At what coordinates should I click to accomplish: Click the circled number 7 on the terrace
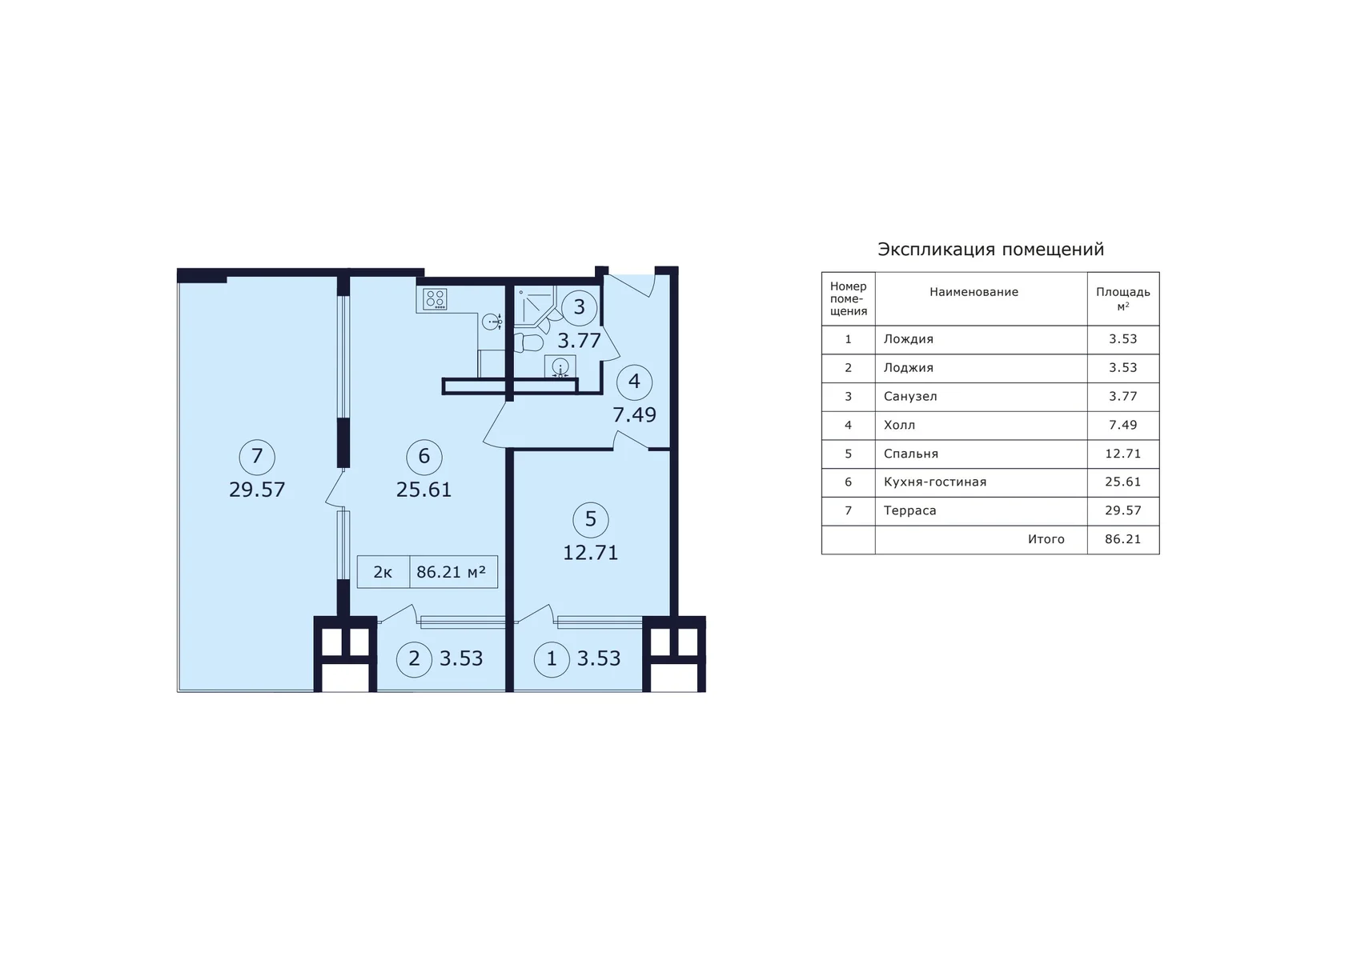point(257,457)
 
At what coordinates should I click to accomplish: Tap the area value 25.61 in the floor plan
point(424,490)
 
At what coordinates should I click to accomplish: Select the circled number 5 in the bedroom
point(591,519)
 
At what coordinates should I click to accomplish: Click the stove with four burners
point(435,298)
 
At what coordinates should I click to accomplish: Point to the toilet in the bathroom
point(529,342)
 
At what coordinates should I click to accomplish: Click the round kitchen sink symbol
point(492,322)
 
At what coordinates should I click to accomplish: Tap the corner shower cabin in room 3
point(534,306)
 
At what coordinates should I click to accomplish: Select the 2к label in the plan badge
point(383,572)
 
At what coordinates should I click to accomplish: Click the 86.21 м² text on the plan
point(452,571)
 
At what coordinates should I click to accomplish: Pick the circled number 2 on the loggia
point(415,659)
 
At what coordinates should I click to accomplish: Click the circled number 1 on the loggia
point(552,659)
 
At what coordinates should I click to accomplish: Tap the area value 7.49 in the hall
point(634,414)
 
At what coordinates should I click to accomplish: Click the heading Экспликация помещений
point(990,250)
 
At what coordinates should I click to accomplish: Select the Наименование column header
point(974,292)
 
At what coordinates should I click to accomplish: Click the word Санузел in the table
point(910,397)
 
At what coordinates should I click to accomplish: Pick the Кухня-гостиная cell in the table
point(935,482)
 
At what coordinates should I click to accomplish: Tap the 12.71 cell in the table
point(1123,454)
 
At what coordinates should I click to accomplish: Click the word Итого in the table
point(1046,539)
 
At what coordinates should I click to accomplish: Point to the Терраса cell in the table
point(910,510)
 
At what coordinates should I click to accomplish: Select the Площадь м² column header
point(1123,298)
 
